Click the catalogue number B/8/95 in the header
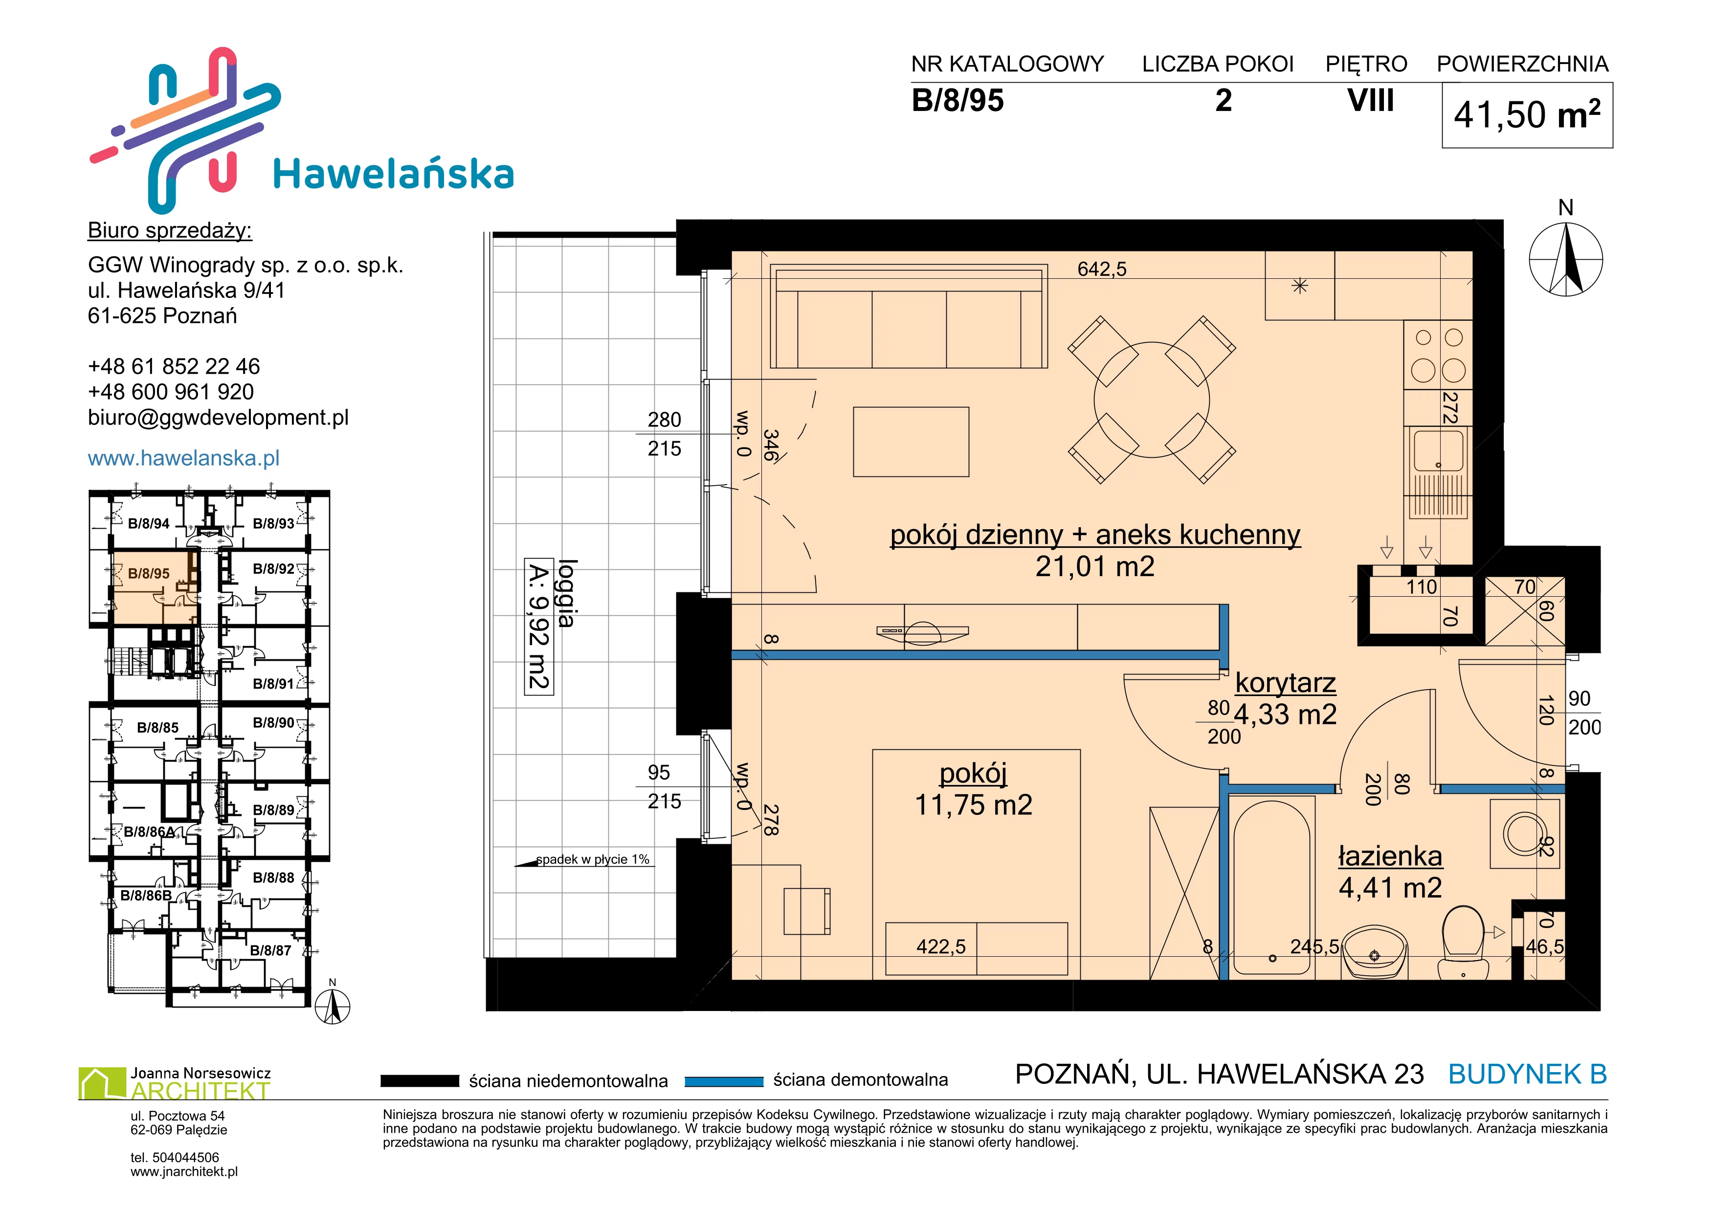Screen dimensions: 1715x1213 click(x=958, y=100)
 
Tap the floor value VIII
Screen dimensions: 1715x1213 click(x=1371, y=100)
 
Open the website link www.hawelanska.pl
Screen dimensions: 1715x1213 click(x=184, y=458)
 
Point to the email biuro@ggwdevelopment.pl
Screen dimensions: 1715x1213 click(x=218, y=418)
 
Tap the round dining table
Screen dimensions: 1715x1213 click(x=1151, y=400)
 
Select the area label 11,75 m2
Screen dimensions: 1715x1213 click(x=973, y=805)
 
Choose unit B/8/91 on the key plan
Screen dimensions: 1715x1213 click(x=273, y=683)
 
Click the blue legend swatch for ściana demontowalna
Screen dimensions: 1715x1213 click(x=724, y=1081)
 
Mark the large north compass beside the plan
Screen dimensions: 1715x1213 click(x=1566, y=259)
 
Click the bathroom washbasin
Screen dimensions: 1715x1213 click(x=1374, y=952)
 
